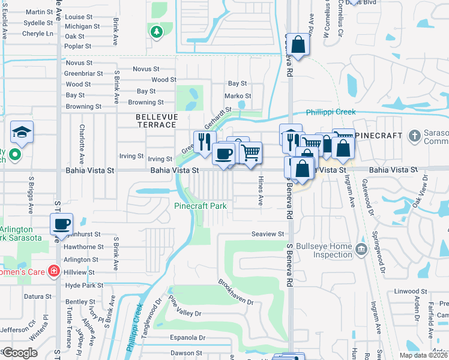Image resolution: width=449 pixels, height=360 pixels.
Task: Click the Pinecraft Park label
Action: tap(200, 206)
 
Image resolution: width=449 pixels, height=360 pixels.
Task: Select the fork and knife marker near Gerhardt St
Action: tap(205, 142)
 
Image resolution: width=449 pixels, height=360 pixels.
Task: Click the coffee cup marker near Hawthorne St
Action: tap(62, 224)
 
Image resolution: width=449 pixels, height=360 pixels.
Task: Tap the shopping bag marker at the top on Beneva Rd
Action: tap(298, 44)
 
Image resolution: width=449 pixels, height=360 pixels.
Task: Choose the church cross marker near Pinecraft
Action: tap(414, 136)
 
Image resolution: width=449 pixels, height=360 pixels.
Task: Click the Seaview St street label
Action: tap(268, 234)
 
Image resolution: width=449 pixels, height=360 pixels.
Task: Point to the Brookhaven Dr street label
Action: tap(236, 292)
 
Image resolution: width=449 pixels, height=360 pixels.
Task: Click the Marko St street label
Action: tap(238, 96)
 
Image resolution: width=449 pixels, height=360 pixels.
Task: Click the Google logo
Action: tap(19, 353)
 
